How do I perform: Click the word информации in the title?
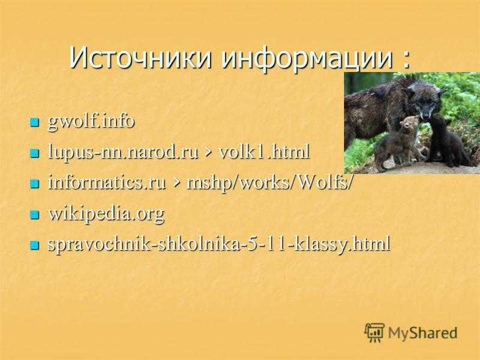pyautogui.click(x=307, y=59)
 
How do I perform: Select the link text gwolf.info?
pyautogui.click(x=91, y=122)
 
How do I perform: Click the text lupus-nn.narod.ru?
pyautogui.click(x=124, y=152)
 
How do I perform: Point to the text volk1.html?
pyautogui.click(x=263, y=152)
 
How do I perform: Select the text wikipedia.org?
pyautogui.click(x=107, y=214)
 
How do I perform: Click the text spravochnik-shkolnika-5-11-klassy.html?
pyautogui.click(x=219, y=244)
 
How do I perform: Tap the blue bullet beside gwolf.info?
pyautogui.click(x=35, y=123)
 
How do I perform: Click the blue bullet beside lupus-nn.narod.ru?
pyautogui.click(x=35, y=153)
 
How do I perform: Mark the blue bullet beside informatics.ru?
pyautogui.click(x=35, y=184)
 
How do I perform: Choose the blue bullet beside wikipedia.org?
pyautogui.click(x=35, y=214)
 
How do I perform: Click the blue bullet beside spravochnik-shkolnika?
pyautogui.click(x=35, y=245)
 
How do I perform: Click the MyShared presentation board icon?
pyautogui.click(x=374, y=332)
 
